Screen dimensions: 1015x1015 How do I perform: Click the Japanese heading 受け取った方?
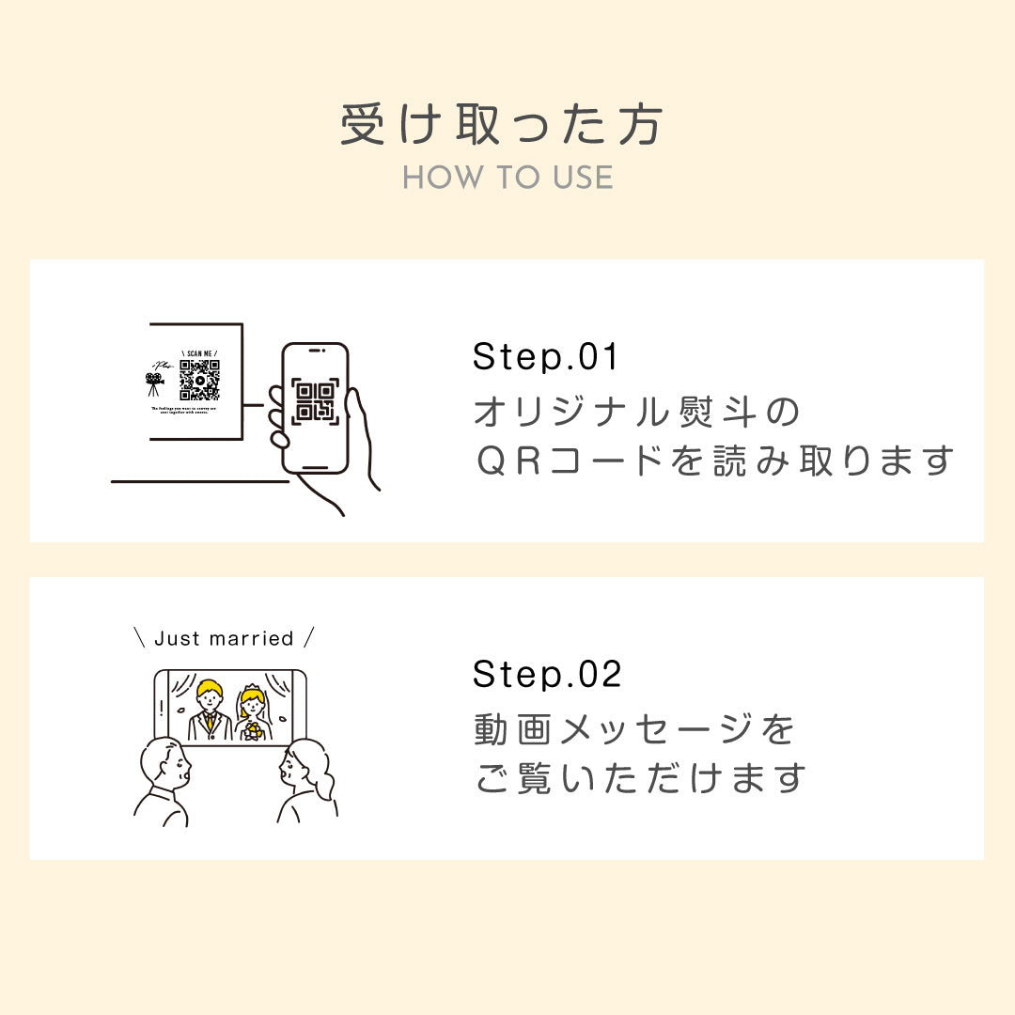click(502, 126)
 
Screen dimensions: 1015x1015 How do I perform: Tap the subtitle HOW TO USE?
click(507, 178)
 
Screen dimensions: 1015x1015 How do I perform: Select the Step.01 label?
click(546, 357)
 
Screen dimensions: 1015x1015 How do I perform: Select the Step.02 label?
click(547, 674)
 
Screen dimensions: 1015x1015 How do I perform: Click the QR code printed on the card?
click(199, 381)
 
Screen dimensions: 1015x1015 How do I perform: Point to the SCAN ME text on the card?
click(199, 353)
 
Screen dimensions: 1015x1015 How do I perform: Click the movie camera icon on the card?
click(155, 383)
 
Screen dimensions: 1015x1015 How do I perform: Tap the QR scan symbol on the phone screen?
click(315, 401)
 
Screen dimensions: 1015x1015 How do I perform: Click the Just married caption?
click(224, 639)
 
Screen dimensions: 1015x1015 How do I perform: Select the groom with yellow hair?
click(210, 710)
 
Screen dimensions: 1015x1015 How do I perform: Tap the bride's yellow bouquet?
click(253, 730)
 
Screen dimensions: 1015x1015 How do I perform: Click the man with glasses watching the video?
click(167, 780)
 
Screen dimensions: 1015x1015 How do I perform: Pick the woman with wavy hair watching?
click(305, 780)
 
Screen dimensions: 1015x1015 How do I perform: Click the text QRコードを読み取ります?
click(714, 461)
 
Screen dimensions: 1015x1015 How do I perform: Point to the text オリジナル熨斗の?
click(636, 412)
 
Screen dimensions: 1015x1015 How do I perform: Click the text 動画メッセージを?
click(635, 728)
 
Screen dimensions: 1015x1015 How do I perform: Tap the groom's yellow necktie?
click(211, 724)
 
